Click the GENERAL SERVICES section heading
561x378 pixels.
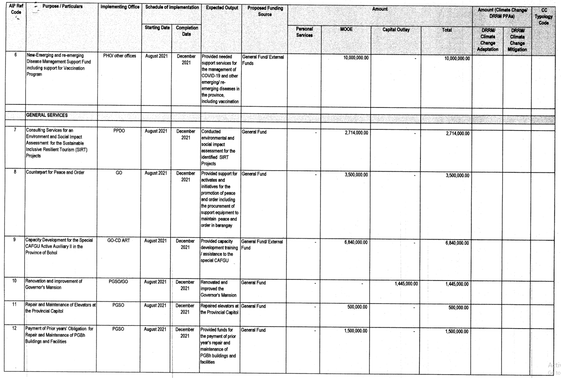tap(47, 115)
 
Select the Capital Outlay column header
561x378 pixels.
tap(396, 30)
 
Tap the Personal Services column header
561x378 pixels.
tap(304, 32)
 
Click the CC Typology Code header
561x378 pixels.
tap(544, 16)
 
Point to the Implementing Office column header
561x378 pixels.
tap(120, 7)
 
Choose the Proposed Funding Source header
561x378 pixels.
tap(265, 11)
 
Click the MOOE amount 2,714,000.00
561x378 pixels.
tap(356, 133)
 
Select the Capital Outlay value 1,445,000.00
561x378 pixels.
tap(406, 284)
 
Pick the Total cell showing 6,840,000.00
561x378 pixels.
tap(457, 243)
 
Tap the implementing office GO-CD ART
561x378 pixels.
tap(119, 241)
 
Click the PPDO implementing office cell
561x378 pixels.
tap(119, 131)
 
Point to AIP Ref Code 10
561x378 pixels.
tap(14, 281)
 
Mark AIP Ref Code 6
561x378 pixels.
tap(15, 55)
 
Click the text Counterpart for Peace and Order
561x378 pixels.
tap(55, 172)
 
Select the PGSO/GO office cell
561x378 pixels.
tap(118, 282)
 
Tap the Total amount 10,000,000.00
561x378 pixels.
tap(457, 58)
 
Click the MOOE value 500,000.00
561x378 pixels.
tap(357, 307)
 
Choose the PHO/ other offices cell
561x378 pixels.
tap(119, 56)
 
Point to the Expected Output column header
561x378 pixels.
tap(222, 8)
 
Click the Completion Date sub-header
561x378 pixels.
tap(187, 31)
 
